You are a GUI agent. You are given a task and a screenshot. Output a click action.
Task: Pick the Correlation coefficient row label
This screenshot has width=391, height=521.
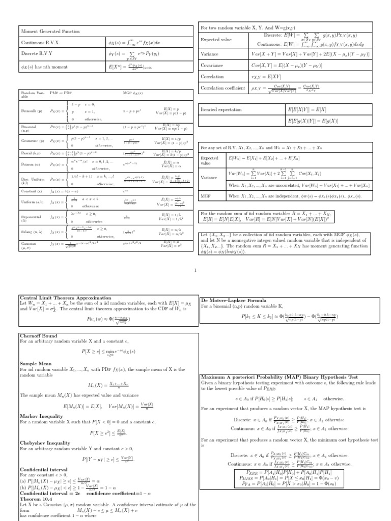tap(224, 88)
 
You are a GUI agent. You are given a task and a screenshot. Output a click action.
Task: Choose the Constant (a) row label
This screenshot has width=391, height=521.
tap(31, 190)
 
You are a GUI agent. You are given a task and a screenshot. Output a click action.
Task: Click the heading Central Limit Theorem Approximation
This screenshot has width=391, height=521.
tap(65, 298)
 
